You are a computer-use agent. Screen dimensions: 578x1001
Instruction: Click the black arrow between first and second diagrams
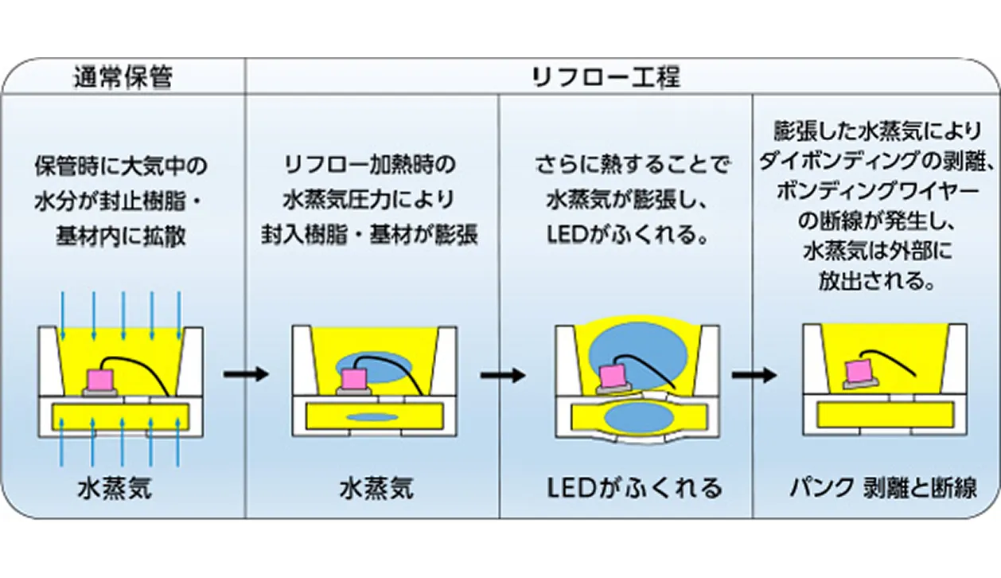pos(246,374)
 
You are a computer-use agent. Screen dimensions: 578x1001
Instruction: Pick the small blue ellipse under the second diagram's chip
pos(373,416)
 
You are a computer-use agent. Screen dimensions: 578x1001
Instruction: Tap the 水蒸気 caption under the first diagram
pos(115,487)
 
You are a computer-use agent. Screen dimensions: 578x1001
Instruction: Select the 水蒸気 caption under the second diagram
pos(376,487)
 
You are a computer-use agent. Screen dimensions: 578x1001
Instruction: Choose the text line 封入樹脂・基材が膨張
pos(371,237)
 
